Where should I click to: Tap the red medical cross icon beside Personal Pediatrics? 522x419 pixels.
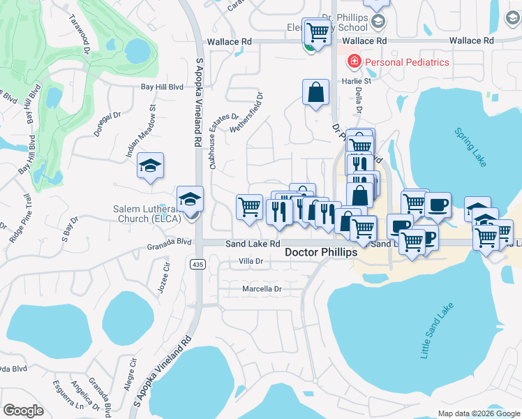354,62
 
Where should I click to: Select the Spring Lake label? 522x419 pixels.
470,147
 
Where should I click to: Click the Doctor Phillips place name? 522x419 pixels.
321,252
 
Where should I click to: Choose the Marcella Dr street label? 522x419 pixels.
262,288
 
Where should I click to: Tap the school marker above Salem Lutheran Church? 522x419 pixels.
190,199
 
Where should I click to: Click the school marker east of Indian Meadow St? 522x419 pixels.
150,166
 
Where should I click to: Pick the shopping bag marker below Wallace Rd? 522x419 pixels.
315,92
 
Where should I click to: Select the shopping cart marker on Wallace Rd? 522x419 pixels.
318,31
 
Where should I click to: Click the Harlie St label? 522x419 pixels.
355,81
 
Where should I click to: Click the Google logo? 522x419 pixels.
23,411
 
